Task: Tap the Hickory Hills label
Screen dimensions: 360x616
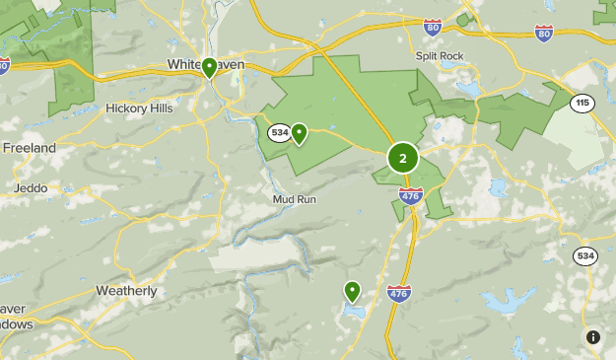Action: (x=139, y=108)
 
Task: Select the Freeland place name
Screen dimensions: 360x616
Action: (x=29, y=147)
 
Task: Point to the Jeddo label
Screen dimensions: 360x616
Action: (x=30, y=187)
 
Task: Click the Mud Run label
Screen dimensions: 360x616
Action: (x=295, y=198)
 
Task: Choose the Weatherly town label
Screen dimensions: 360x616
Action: (x=126, y=291)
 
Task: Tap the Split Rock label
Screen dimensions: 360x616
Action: (x=439, y=56)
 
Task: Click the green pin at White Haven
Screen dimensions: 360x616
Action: (x=209, y=68)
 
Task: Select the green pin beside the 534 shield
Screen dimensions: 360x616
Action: (x=298, y=132)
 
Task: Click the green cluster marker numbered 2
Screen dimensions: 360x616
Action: (x=402, y=158)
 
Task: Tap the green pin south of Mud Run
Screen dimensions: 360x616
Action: (x=352, y=290)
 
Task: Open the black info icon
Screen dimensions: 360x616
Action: (x=592, y=336)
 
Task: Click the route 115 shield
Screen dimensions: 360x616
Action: (x=583, y=102)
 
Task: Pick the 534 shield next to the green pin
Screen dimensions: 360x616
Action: (x=279, y=132)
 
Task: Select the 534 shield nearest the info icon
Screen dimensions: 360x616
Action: (x=585, y=256)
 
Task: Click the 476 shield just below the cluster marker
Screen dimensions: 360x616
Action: (x=412, y=195)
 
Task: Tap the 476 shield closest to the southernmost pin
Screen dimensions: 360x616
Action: (x=399, y=293)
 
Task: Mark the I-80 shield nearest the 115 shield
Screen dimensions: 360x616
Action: (x=544, y=33)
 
